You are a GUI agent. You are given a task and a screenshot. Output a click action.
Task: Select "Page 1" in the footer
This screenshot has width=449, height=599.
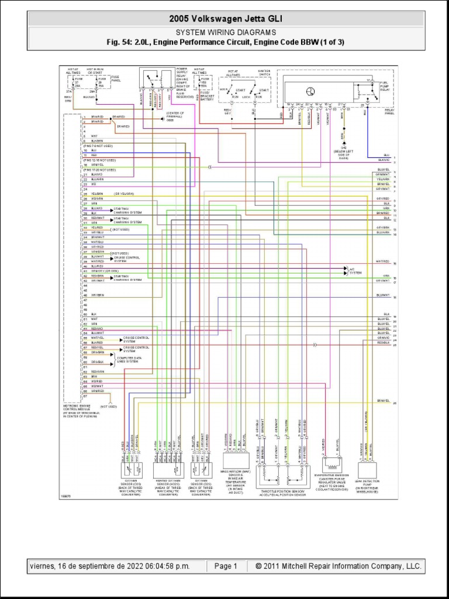tap(225, 566)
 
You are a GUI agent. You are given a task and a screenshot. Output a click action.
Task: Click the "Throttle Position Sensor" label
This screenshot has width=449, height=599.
tap(282, 491)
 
